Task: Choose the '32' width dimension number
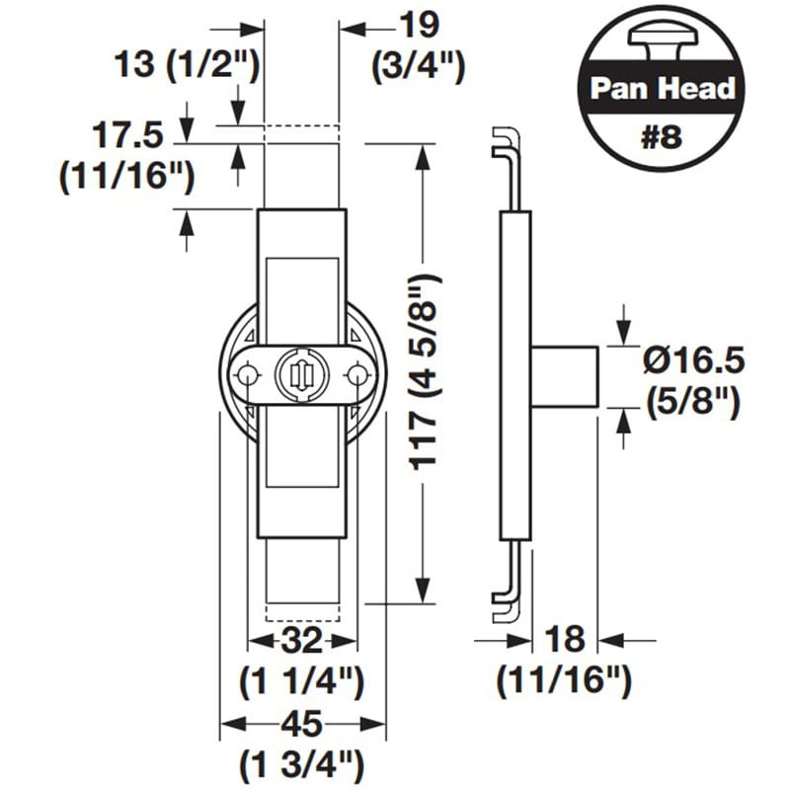pyautogui.click(x=301, y=642)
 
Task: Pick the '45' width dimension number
pyautogui.click(x=301, y=725)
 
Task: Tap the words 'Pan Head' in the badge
pyautogui.click(x=663, y=88)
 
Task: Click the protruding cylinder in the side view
pyautogui.click(x=565, y=374)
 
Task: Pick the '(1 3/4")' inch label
pyautogui.click(x=301, y=764)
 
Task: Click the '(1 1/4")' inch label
pyautogui.click(x=301, y=681)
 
